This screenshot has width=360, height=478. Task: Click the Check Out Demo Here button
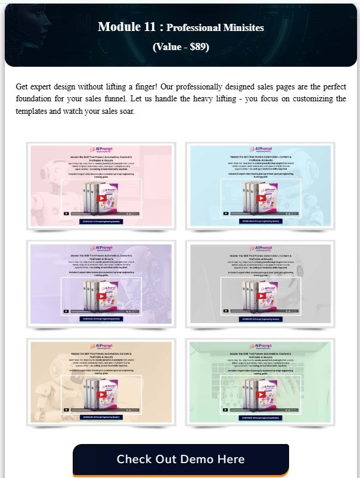[x=181, y=460]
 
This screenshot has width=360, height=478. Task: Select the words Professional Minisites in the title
[x=215, y=27]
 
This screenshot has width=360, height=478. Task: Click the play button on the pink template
[x=101, y=198]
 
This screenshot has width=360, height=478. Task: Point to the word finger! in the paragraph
[x=142, y=86]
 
